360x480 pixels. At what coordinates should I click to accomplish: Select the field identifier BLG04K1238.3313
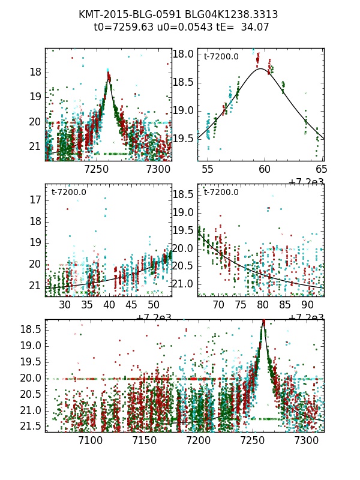click(223, 14)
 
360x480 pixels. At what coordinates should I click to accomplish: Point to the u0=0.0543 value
click(177, 26)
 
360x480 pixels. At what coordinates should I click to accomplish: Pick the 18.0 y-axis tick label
click(183, 54)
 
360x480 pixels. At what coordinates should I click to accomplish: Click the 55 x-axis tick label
click(208, 170)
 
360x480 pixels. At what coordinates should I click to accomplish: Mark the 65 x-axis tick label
click(321, 170)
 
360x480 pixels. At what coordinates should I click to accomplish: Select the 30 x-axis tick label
click(65, 305)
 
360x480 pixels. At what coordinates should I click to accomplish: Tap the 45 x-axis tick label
click(131, 305)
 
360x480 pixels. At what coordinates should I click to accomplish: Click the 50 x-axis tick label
click(154, 305)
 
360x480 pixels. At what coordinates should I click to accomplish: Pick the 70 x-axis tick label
click(219, 305)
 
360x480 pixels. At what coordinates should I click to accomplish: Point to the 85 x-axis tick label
click(284, 305)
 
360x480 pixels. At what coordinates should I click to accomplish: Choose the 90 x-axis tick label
click(307, 305)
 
